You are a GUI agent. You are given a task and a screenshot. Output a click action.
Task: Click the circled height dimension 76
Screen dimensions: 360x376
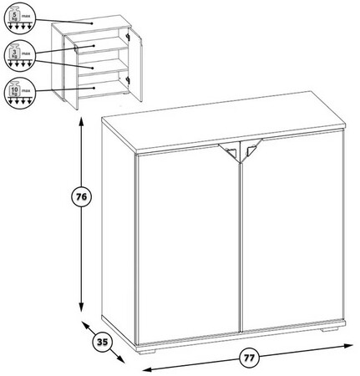pos(82,196)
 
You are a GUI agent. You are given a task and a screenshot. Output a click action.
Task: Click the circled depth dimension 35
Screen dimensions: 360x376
pos(102,342)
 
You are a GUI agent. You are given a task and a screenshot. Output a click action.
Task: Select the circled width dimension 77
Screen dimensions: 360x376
pos(249,358)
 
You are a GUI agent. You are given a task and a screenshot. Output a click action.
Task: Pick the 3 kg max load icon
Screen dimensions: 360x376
pos(19,55)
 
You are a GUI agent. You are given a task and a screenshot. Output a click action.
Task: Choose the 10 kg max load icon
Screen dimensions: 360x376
pos(18,92)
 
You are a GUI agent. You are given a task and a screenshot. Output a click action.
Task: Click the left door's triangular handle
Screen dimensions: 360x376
pos(229,151)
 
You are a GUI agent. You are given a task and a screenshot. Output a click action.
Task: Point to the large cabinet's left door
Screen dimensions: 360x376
pos(188,242)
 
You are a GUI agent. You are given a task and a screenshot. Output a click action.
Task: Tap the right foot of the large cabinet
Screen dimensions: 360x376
pos(330,329)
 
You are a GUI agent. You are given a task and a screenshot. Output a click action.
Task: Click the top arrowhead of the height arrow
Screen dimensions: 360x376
pos(81,121)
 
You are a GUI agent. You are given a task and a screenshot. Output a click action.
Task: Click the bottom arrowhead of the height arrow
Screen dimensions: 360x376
pos(81,307)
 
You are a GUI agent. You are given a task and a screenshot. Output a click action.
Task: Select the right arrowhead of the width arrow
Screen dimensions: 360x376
pos(348,346)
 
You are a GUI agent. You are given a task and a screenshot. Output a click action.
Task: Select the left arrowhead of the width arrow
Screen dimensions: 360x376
pos(147,369)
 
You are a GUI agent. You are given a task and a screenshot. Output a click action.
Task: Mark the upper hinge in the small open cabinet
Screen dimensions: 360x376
pos(128,37)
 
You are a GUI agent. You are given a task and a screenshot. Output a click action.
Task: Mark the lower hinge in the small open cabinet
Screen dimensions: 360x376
pos(128,80)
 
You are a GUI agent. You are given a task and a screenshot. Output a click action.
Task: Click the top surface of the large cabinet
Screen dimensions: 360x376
pos(223,122)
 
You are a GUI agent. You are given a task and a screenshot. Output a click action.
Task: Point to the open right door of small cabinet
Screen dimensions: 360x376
pos(136,65)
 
